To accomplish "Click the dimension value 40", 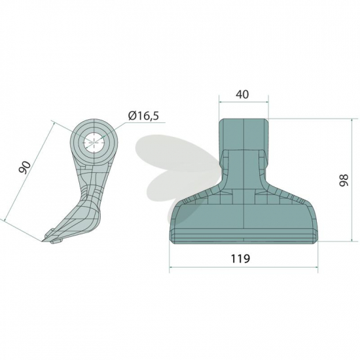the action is pyautogui.click(x=242, y=94).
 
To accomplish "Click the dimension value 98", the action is pyautogui.click(x=344, y=180).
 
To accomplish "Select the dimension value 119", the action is pyautogui.click(x=240, y=259).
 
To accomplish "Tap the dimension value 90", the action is pyautogui.click(x=25, y=168).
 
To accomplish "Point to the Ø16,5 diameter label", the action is pyautogui.click(x=143, y=116).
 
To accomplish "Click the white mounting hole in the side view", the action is pyautogui.click(x=94, y=142).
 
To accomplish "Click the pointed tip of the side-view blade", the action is pyautogui.click(x=43, y=241).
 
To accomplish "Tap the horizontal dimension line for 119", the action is pyautogui.click(x=243, y=267).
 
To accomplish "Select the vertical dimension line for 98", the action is pyautogui.click(x=352, y=180).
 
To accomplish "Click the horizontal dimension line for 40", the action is pyautogui.click(x=243, y=102).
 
